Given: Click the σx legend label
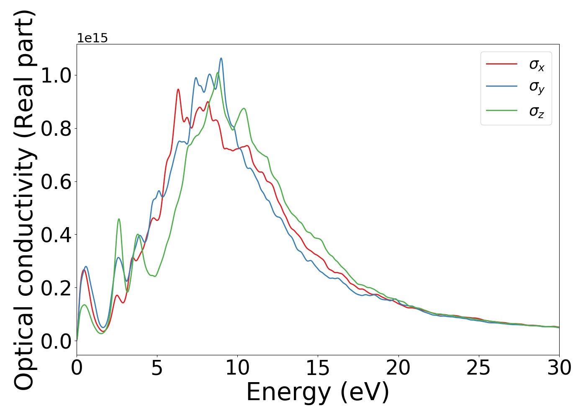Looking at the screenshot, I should pos(537,65).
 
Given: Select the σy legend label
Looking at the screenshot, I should pos(537,87).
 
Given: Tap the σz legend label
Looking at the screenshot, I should pos(537,111).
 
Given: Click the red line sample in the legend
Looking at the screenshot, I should pos(501,64).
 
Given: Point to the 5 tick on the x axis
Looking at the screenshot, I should pos(157,368).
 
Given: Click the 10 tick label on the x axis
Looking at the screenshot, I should pos(237,368).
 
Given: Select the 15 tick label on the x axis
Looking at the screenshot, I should pos(318,368).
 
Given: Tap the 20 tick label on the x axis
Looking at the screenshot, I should pos(398,368).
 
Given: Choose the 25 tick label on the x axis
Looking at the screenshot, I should pos(478,368).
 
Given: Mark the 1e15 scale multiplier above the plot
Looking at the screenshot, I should pos(92,38).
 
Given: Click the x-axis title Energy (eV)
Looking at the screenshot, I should pos(318,392).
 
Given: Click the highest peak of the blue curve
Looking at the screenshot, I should pos(221,58).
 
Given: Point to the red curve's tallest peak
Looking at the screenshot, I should pos(178,89).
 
